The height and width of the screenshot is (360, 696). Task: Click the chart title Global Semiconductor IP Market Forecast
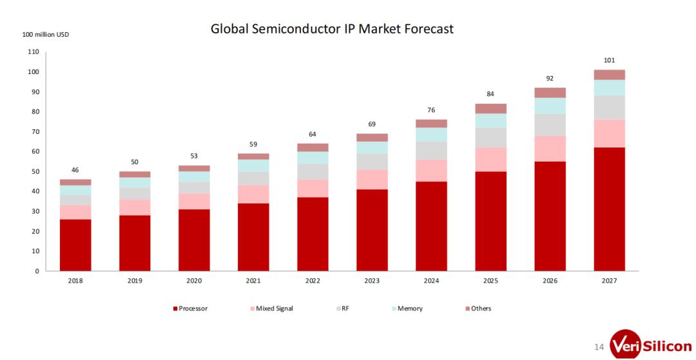[x=332, y=29]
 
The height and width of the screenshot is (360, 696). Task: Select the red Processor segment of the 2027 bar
[x=609, y=209]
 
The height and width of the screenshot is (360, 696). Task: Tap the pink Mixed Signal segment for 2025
[x=490, y=159]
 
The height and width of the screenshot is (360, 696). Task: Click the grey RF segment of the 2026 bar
[x=550, y=124]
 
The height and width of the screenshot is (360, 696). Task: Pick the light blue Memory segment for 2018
[x=75, y=190]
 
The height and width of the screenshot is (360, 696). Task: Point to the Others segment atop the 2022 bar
[x=313, y=147]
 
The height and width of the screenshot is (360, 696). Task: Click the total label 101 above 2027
[x=609, y=61]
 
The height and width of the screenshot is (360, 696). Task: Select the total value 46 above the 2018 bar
[x=75, y=170]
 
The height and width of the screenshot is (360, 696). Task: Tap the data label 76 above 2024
[x=431, y=110]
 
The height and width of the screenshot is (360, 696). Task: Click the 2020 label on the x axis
[x=194, y=281]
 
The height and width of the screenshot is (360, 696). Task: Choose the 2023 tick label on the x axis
[x=372, y=281]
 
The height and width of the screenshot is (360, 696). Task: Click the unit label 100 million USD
[x=46, y=34]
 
